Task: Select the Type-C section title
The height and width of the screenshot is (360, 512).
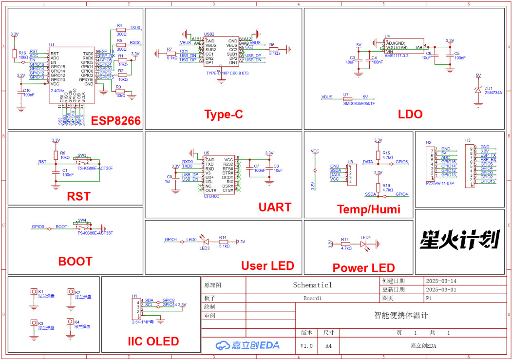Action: pyautogui.click(x=223, y=114)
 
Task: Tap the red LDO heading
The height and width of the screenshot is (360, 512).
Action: pyautogui.click(x=410, y=114)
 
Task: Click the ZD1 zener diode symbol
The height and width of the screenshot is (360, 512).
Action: pyautogui.click(x=478, y=89)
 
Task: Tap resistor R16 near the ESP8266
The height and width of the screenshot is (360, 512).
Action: pyautogui.click(x=15, y=53)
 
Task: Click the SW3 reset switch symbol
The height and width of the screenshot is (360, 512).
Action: pyautogui.click(x=82, y=159)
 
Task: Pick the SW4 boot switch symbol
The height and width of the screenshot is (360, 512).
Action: pyautogui.click(x=82, y=226)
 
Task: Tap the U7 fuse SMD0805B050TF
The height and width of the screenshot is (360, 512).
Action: pyautogui.click(x=348, y=98)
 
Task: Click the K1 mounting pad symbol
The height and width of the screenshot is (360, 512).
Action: pyautogui.click(x=34, y=293)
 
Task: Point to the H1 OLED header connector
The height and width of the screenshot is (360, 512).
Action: pyautogui.click(x=139, y=308)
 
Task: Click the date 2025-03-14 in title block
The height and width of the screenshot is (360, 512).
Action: pyautogui.click(x=441, y=281)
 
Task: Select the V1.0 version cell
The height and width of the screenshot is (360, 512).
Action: pyautogui.click(x=306, y=345)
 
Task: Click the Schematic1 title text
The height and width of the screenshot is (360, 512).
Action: pyautogui.click(x=312, y=285)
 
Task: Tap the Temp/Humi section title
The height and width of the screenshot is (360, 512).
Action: pyautogui.click(x=368, y=209)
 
